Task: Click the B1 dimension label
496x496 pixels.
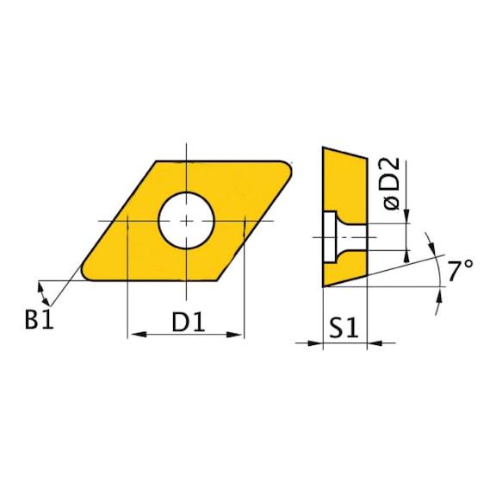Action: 39,320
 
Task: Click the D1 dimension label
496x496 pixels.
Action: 186,321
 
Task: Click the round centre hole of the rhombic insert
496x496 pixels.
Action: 186,220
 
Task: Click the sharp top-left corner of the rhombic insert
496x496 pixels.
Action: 156,161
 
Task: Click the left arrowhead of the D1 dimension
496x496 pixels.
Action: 133,335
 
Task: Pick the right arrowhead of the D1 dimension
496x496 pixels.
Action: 238,335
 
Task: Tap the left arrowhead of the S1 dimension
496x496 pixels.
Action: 316,343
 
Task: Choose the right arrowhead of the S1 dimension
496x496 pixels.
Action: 375,343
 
